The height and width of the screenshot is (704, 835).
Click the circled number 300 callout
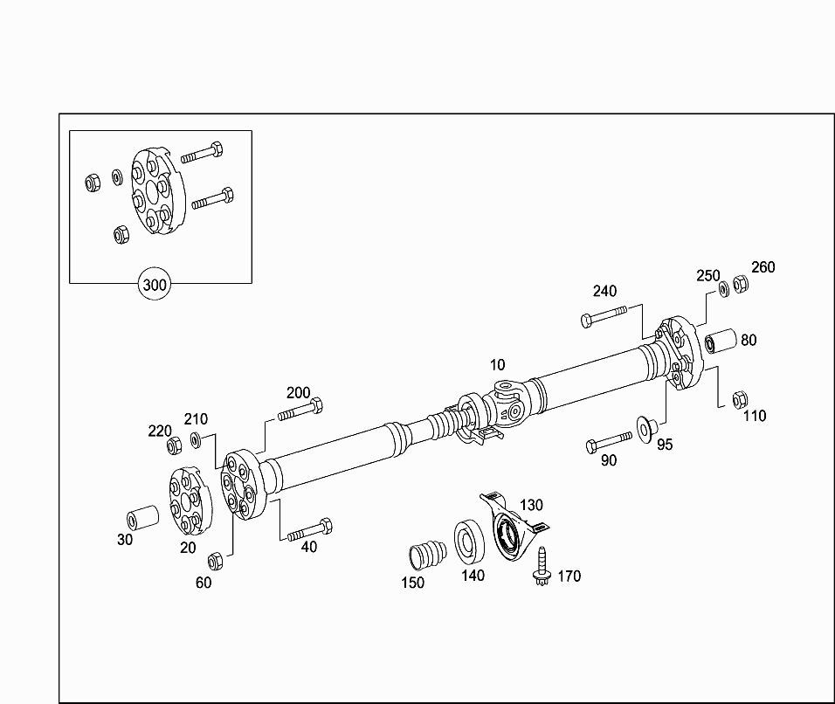pos(155,285)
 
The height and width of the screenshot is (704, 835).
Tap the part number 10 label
pos(497,365)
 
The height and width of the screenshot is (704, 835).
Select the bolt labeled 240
pos(604,315)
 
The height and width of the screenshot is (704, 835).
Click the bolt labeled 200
pos(300,411)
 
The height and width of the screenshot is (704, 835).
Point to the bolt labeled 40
pos(310,529)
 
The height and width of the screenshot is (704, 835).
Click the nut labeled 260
pos(740,284)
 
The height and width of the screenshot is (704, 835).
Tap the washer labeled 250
pos(724,289)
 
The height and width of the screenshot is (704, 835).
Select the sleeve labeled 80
pos(721,342)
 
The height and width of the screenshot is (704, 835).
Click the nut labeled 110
pos(740,399)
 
